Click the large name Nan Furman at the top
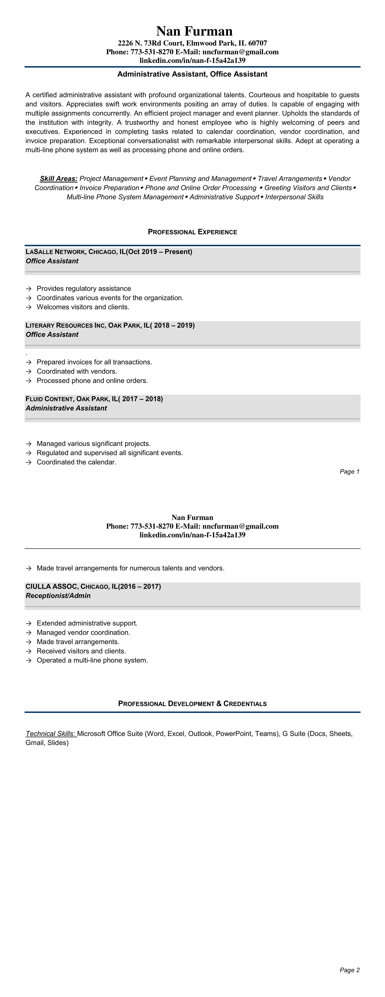point(194,31)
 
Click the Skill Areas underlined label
point(58,178)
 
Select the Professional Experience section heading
point(192,232)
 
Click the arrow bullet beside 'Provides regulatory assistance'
point(28,289)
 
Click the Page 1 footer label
point(349,471)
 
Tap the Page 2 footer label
point(349,970)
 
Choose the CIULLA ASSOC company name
point(51,586)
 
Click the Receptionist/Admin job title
point(58,596)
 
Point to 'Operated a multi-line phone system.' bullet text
point(92,660)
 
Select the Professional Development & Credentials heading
point(192,704)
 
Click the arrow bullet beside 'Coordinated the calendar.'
point(28,462)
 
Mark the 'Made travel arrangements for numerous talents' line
point(130,568)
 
